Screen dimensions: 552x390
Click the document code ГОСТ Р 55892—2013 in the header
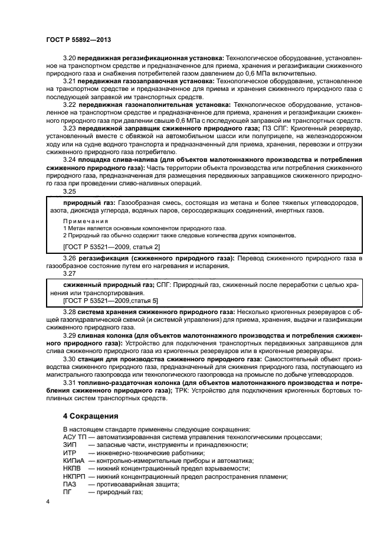pyautogui.click(x=78, y=40)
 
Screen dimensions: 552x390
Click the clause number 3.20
pyautogui.click(x=70, y=58)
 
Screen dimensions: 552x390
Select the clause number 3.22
pyautogui.click(x=70, y=104)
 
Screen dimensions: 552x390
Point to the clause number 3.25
pyautogui.click(x=70, y=191)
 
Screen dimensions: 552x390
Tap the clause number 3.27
pyautogui.click(x=70, y=273)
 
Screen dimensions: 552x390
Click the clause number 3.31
pyautogui.click(x=70, y=383)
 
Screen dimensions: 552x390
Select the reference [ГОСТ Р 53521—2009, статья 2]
pyautogui.click(x=111, y=246)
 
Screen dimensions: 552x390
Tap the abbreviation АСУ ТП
pyautogui.click(x=74, y=437)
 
